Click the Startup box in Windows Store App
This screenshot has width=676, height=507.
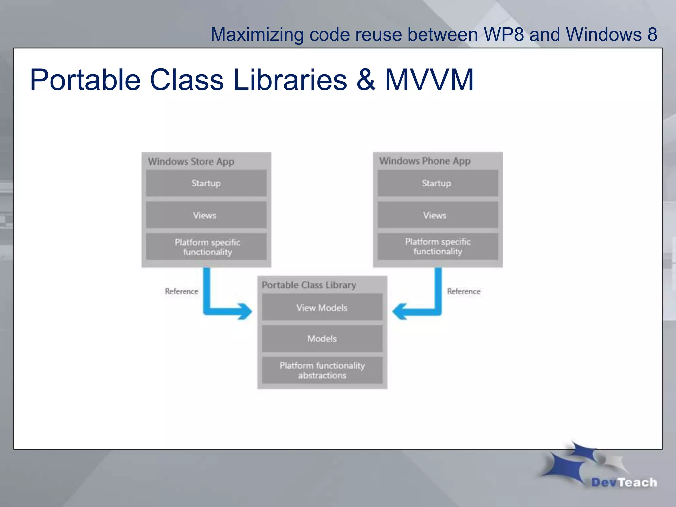[206, 183]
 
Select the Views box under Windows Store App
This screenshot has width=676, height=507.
[206, 215]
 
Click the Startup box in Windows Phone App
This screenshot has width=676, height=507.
[437, 183]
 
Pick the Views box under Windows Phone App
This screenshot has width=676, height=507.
[437, 215]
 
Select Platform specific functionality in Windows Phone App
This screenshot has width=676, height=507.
[438, 247]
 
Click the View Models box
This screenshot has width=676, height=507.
[322, 308]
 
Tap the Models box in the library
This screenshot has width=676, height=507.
[322, 339]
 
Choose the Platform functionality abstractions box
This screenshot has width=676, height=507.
[322, 370]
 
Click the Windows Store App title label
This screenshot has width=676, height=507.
[191, 161]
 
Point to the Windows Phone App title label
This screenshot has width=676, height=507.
[424, 161]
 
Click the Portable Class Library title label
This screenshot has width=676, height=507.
[309, 285]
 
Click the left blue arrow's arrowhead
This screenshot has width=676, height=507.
[245, 311]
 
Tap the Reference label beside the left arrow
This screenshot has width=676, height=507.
[182, 291]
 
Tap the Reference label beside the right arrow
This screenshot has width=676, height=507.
[463, 291]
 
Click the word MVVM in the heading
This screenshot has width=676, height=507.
[429, 80]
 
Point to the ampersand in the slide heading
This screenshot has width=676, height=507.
[366, 80]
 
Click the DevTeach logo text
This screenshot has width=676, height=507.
[624, 482]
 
